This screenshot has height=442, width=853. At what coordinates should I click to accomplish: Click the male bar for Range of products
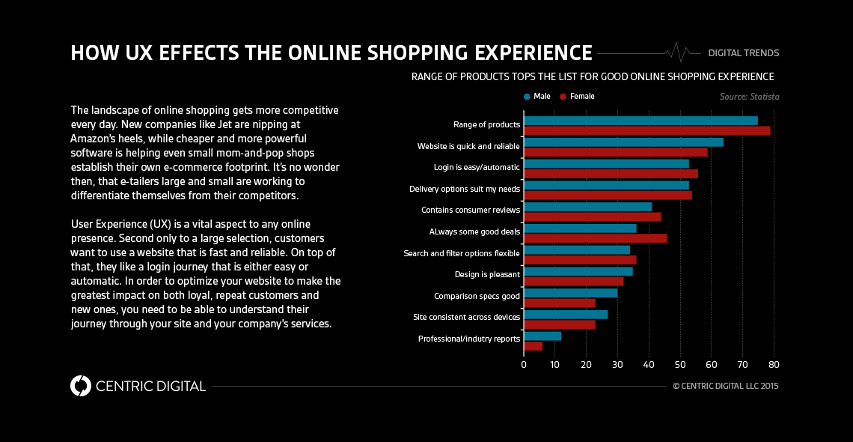tap(640, 120)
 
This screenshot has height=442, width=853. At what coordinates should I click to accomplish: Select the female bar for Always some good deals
tap(595, 238)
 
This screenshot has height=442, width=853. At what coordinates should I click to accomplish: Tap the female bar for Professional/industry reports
tap(533, 346)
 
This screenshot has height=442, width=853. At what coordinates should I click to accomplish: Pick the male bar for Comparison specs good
tap(570, 293)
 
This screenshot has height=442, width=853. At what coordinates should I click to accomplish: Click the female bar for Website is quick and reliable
tap(615, 152)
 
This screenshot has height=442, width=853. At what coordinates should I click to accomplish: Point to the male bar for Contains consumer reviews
tap(587, 207)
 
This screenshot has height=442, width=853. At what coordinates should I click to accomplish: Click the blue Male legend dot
tap(528, 97)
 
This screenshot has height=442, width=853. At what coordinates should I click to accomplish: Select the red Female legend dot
tap(563, 97)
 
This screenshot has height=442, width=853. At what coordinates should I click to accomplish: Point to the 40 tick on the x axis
tap(649, 365)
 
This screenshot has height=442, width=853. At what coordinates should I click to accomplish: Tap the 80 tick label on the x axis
tap(774, 365)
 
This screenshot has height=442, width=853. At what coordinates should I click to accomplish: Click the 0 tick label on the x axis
tap(524, 365)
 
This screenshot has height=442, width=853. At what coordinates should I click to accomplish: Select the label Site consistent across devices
tap(466, 318)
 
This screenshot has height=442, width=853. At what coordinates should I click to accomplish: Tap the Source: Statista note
tap(749, 97)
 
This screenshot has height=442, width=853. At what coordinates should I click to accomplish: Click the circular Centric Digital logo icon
tap(80, 386)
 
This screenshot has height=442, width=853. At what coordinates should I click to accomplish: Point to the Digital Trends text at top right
tap(743, 53)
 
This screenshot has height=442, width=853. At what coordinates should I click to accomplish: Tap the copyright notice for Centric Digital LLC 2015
tap(726, 387)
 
